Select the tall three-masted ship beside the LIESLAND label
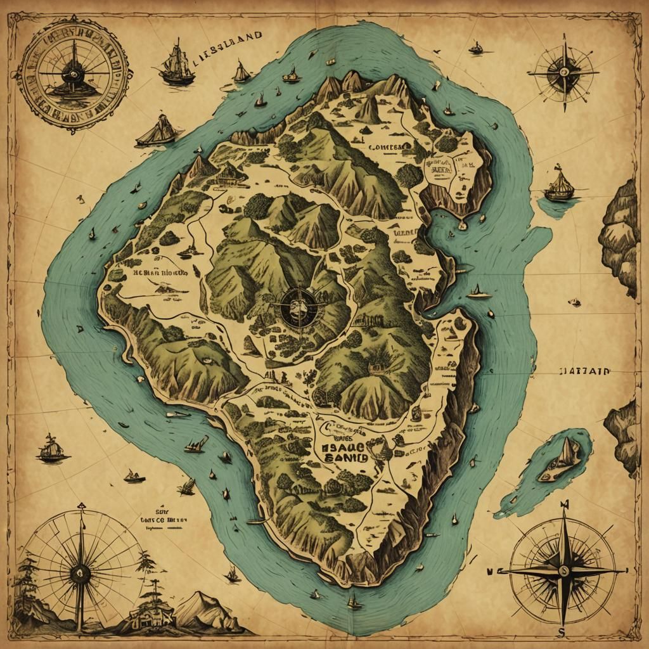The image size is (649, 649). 176,65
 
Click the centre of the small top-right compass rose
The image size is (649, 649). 563,73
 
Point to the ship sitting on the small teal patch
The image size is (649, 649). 559,185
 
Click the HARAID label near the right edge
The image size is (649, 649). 585,373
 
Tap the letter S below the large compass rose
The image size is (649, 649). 560,632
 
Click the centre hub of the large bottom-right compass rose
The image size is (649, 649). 562,569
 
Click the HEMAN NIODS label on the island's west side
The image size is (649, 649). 160,274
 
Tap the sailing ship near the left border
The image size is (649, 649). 52,448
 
